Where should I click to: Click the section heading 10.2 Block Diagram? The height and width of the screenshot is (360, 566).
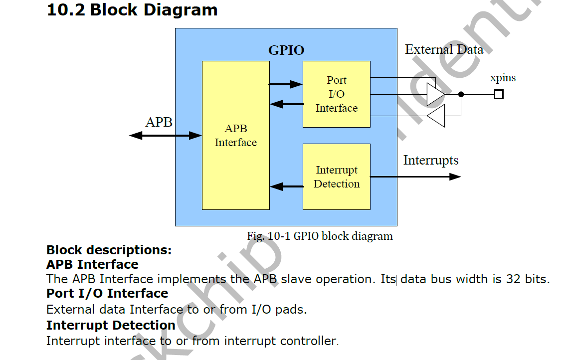[132, 10]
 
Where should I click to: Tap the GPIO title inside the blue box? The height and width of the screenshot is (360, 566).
[286, 50]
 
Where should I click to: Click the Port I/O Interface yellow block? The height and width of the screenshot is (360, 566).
[337, 94]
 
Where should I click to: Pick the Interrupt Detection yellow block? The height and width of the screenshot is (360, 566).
[337, 177]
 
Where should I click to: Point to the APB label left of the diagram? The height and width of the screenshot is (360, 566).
[159, 122]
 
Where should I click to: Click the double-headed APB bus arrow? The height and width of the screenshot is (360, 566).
[165, 135]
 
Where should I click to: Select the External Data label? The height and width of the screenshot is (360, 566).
[444, 50]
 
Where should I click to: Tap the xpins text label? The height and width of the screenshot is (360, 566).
[503, 78]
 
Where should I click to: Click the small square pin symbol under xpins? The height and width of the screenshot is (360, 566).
[499, 94]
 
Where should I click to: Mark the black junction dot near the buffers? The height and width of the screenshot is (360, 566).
[461, 94]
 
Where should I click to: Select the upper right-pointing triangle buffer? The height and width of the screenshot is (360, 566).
[435, 94]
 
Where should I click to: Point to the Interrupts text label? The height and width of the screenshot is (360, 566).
[430, 161]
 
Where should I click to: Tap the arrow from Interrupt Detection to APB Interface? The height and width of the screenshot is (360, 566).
[287, 187]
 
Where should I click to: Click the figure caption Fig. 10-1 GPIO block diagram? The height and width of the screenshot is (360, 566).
[320, 236]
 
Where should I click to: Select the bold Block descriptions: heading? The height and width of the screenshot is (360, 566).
[109, 250]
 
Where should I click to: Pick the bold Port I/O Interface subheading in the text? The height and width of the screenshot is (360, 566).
[107, 293]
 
